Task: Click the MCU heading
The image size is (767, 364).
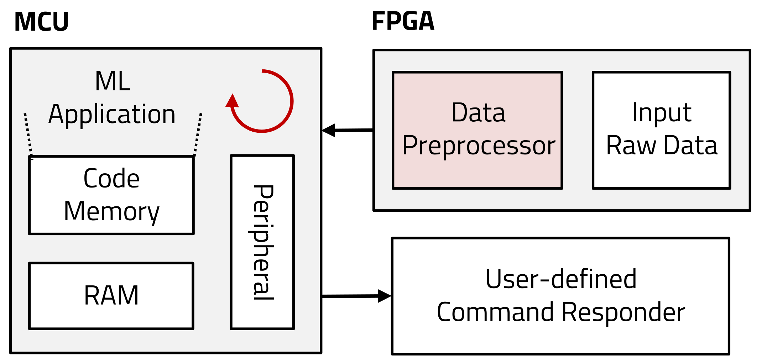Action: [41, 22]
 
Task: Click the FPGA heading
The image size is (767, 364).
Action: [403, 21]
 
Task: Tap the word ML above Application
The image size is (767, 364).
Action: [113, 81]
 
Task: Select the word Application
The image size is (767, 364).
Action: [112, 115]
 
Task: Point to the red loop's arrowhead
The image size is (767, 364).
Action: [232, 101]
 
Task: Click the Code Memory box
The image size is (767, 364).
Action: [111, 195]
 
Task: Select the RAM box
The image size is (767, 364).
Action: [111, 296]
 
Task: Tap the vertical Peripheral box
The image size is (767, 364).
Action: [262, 242]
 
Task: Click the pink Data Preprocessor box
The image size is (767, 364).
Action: [477, 130]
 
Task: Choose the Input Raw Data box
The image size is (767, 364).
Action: [662, 130]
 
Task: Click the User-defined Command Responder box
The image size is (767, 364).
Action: [560, 296]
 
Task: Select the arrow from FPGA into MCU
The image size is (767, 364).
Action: [347, 130]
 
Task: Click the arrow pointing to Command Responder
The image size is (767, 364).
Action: [356, 296]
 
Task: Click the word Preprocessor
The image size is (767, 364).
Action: [479, 146]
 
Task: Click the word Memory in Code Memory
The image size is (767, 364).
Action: [111, 211]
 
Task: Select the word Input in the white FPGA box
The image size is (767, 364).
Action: [662, 113]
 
